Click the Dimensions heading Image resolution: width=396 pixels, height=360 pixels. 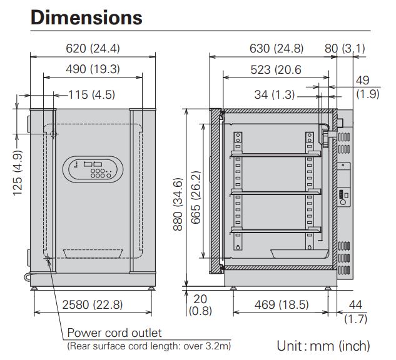(86, 17)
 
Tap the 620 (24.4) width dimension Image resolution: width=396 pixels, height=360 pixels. (93, 48)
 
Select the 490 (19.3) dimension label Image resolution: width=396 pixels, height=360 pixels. (93, 69)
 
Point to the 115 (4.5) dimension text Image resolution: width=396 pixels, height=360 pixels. (92, 95)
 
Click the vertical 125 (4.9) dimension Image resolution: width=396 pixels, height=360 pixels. (18, 172)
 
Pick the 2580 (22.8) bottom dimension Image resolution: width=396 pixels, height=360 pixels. (93, 304)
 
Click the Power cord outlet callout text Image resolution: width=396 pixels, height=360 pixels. (114, 333)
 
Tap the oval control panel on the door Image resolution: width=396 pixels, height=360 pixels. (93, 169)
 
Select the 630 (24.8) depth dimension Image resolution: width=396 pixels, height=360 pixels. (277, 48)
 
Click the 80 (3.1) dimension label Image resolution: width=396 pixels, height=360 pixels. (345, 48)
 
